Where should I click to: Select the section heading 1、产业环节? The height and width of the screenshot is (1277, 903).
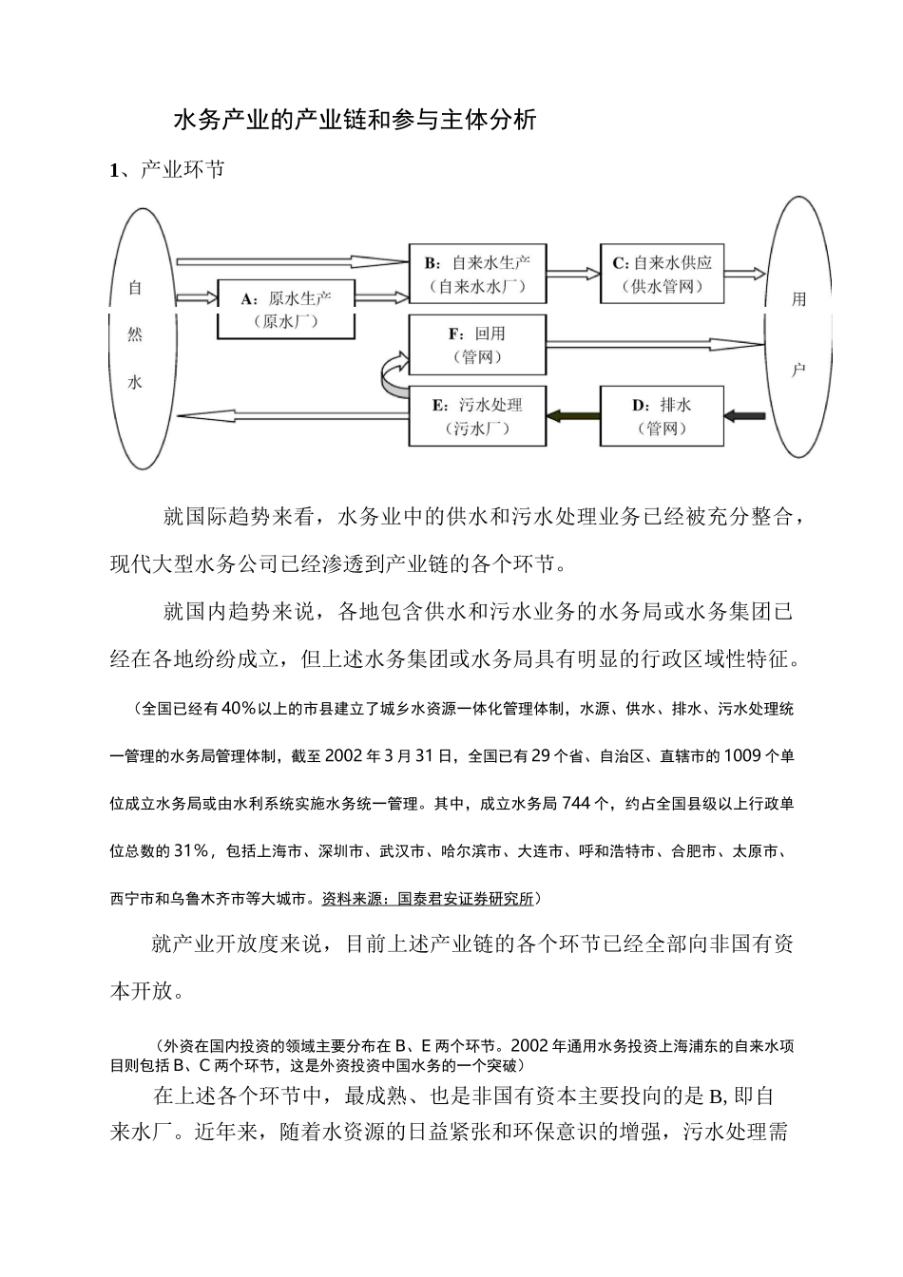(x=167, y=171)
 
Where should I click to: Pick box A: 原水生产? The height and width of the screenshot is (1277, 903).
(x=286, y=308)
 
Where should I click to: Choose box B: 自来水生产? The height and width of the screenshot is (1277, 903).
(x=477, y=274)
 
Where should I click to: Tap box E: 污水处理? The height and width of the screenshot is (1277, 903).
(x=477, y=415)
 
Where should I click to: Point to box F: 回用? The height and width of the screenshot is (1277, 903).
(x=477, y=345)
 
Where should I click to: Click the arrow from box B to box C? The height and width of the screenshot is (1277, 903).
(x=573, y=274)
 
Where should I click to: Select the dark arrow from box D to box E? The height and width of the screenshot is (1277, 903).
(x=573, y=415)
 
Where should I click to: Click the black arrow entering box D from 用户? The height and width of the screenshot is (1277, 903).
(x=744, y=415)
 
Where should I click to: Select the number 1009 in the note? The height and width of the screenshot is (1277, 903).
(x=742, y=756)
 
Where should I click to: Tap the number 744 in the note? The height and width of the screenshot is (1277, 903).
(x=581, y=804)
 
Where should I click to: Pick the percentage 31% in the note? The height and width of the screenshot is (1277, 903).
(x=191, y=850)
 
